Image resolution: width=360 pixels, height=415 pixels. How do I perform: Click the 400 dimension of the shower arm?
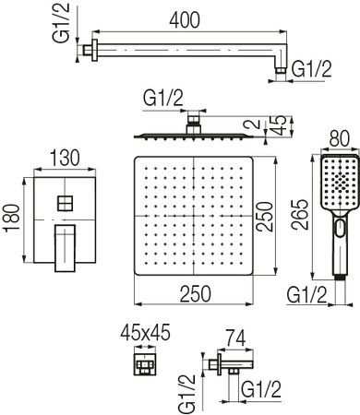pos(185,20)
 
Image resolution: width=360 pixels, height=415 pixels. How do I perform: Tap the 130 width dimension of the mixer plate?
pos(65,158)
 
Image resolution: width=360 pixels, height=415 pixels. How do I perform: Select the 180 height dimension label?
pos(13,217)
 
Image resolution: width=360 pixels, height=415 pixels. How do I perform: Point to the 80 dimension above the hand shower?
pos(340,138)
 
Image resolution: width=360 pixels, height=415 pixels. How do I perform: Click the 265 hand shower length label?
pos(300,215)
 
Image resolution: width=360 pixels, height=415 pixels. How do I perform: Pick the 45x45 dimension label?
pos(145,332)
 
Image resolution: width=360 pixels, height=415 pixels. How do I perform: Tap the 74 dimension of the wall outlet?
pos(235,338)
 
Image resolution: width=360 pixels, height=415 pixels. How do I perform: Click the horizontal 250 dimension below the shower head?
pos(196,293)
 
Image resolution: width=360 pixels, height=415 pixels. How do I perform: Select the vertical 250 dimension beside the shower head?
pos(265,217)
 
